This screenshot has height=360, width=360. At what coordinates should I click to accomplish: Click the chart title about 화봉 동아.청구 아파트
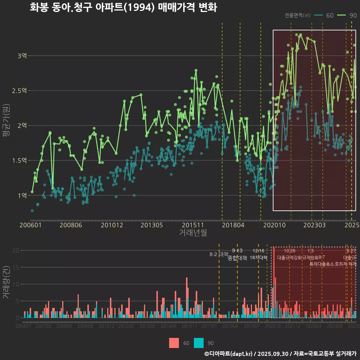pos(123,7)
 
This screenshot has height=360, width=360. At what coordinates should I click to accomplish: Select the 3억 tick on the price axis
pos(22,56)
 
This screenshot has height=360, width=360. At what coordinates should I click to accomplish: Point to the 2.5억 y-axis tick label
pos(19,91)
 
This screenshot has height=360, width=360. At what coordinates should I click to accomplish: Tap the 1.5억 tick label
pos(19,160)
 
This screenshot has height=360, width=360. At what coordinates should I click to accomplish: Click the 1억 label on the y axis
pos(22,195)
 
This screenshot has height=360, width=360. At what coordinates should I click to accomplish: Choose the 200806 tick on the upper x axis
pos(71,225)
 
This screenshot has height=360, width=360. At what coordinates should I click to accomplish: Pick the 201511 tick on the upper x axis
pos(193,225)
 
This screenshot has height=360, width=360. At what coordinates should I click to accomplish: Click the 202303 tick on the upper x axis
pos(314,225)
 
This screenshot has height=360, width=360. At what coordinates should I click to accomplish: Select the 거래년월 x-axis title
pos(193,233)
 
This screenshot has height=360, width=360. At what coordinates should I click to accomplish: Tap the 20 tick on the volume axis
pos(16,250)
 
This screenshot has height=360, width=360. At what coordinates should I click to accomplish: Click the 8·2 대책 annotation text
pos(219,254)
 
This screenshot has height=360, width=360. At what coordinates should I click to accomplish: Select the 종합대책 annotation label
pos(237,258)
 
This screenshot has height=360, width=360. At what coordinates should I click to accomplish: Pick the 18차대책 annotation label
pos(258,258)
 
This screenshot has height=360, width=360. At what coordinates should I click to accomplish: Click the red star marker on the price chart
pos(265,160)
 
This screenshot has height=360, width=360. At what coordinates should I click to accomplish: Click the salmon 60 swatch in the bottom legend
pos(174,343)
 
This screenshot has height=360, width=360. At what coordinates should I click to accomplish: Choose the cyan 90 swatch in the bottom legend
pos(199,343)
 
